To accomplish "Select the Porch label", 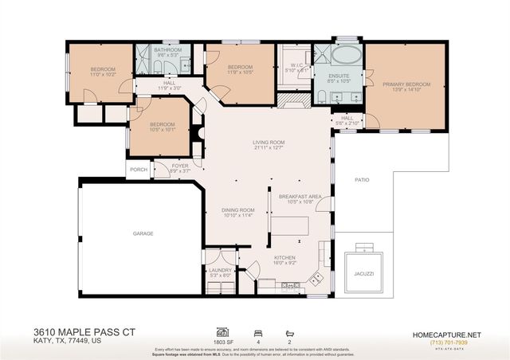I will pos(137,169).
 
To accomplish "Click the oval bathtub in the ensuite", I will pos(345,58).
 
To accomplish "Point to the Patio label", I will pos(362,180).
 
